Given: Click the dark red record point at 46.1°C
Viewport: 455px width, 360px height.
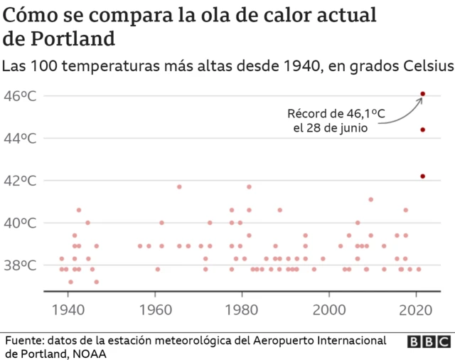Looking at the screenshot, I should coord(422,94).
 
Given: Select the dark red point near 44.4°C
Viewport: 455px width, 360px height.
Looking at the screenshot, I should coord(422,129).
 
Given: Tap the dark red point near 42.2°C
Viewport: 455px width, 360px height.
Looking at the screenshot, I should coord(422,176).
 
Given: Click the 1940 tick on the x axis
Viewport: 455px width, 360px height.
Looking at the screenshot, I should coord(69,310).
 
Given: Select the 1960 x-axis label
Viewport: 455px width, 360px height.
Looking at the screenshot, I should coord(156,310).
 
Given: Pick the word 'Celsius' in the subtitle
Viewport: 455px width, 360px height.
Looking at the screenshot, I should coord(425,67).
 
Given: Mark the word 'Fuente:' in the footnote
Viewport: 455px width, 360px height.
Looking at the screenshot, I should coord(23,340).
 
